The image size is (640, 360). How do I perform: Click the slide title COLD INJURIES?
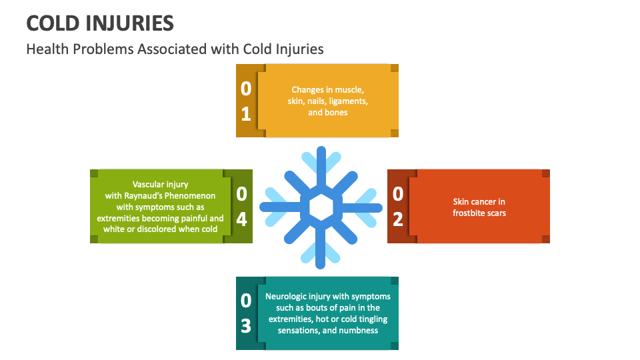(x=100, y=23)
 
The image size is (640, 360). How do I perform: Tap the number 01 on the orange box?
(x=246, y=101)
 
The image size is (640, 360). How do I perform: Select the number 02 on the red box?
(x=398, y=206)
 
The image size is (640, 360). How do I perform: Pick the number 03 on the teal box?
(x=246, y=313)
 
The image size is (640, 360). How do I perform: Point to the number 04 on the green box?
(x=241, y=206)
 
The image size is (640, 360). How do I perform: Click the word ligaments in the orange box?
(x=347, y=101)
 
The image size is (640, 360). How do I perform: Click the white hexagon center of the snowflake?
(x=321, y=207)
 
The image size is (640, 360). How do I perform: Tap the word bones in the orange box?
(x=337, y=112)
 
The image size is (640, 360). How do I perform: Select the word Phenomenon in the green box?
(x=191, y=195)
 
